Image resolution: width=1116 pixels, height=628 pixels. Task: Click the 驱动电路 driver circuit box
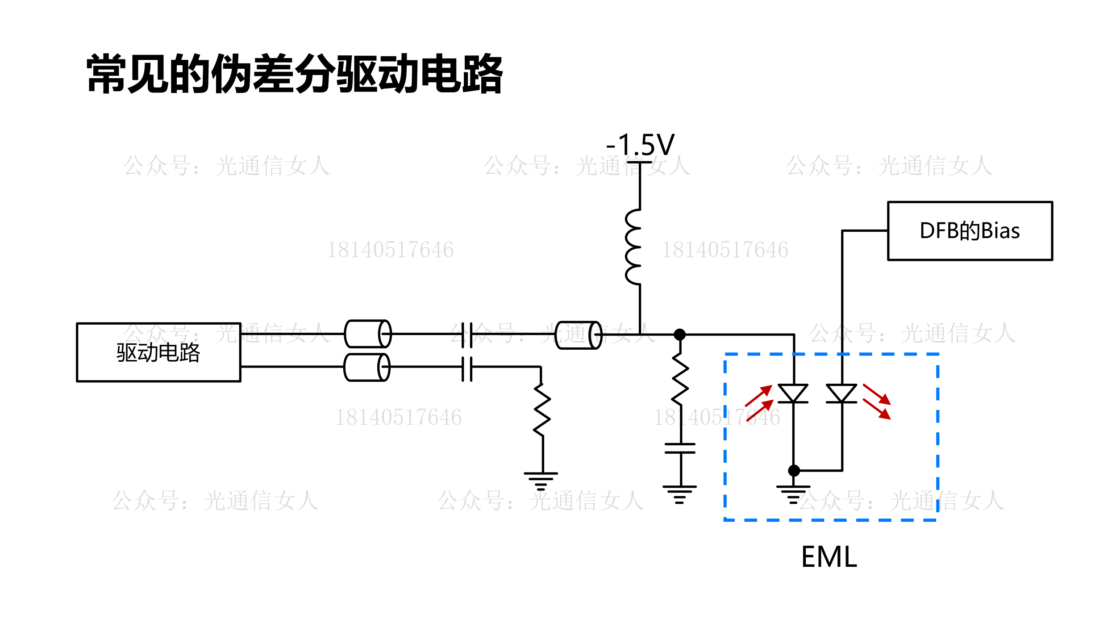click(158, 352)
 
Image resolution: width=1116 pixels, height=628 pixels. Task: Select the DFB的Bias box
click(970, 231)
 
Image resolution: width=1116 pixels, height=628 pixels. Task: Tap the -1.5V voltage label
click(640, 145)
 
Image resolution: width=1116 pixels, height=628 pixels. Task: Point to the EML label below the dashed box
click(829, 557)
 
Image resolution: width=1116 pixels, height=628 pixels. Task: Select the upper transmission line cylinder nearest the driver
click(368, 334)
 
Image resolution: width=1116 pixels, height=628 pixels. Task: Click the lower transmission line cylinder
click(367, 367)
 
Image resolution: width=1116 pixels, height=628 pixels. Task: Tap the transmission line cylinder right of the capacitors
click(579, 335)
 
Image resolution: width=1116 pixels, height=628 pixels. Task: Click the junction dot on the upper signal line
click(679, 335)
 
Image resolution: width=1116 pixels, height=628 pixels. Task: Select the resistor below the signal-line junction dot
click(680, 379)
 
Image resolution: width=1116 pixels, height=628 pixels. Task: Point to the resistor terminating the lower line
click(542, 410)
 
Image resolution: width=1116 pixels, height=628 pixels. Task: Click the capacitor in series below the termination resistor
click(680, 448)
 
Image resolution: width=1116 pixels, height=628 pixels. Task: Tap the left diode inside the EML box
click(793, 394)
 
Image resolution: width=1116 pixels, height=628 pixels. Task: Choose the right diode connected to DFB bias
click(841, 394)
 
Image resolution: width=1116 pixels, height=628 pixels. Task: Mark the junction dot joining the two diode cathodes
click(794, 470)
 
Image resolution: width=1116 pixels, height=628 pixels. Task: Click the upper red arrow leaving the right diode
click(877, 394)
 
